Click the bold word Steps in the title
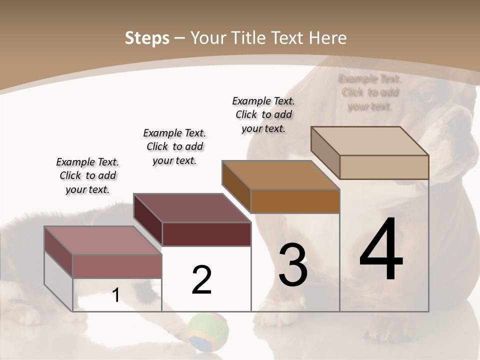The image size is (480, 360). tap(147, 38)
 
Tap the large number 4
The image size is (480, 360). tap(381, 250)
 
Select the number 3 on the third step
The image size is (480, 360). tap(293, 265)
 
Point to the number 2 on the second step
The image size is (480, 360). tap(201, 280)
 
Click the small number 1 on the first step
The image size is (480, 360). tap(116, 295)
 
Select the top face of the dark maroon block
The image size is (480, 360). tap(192, 208)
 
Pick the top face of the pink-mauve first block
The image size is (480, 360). tap(103, 240)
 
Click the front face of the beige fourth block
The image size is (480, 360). tap(384, 167)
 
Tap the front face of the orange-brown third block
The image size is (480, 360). tap(295, 201)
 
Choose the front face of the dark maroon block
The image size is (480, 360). tap(206, 234)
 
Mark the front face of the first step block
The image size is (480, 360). tap(117, 266)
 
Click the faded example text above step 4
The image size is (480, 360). tap(370, 92)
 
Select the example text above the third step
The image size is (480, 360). tap(263, 114)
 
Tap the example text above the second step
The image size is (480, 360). tap(174, 146)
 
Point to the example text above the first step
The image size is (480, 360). tap(87, 175)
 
